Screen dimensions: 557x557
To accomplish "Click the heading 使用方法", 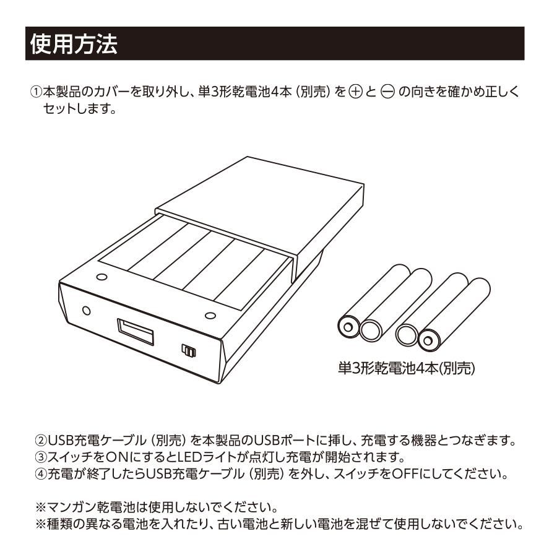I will [73, 45].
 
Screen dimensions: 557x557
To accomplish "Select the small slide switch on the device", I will [188, 351].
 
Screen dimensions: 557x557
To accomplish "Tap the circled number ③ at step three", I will [37, 459].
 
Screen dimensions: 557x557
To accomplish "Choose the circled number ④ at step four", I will [37, 475].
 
